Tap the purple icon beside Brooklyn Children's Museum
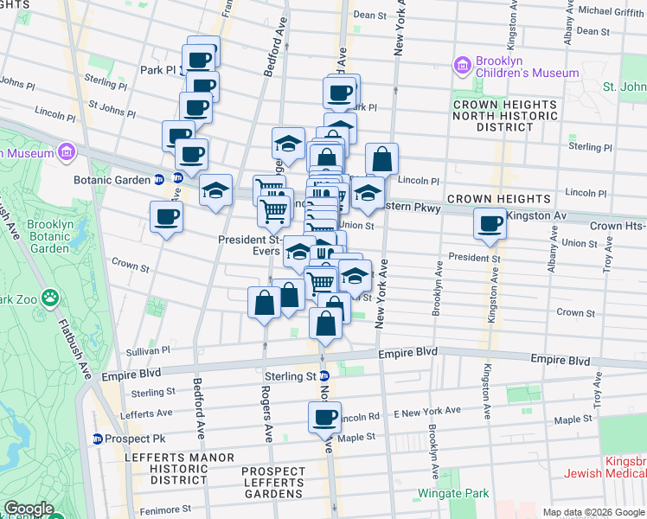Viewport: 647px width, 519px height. (x=462, y=66)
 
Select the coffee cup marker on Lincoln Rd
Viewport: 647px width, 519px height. (x=325, y=418)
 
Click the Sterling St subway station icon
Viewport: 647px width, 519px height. (x=323, y=376)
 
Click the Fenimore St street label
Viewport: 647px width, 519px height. (x=162, y=509)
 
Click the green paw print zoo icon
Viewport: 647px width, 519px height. (x=52, y=298)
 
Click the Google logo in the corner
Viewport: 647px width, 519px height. (x=29, y=509)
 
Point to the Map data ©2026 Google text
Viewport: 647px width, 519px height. (x=593, y=512)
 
